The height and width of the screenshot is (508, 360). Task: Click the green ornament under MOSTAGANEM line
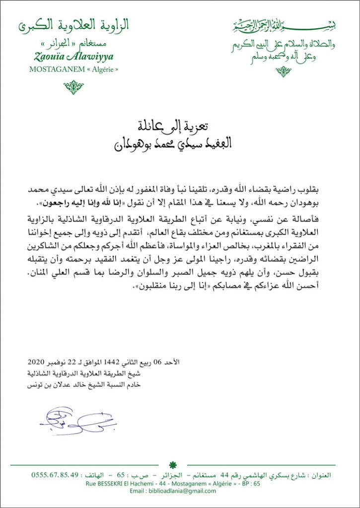[x=73, y=87]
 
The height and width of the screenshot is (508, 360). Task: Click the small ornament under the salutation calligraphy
[x=284, y=71]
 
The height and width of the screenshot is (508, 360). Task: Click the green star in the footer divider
[x=173, y=465]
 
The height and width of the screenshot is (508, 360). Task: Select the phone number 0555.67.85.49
[x=55, y=475]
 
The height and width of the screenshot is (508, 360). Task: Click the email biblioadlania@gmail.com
[x=179, y=491]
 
